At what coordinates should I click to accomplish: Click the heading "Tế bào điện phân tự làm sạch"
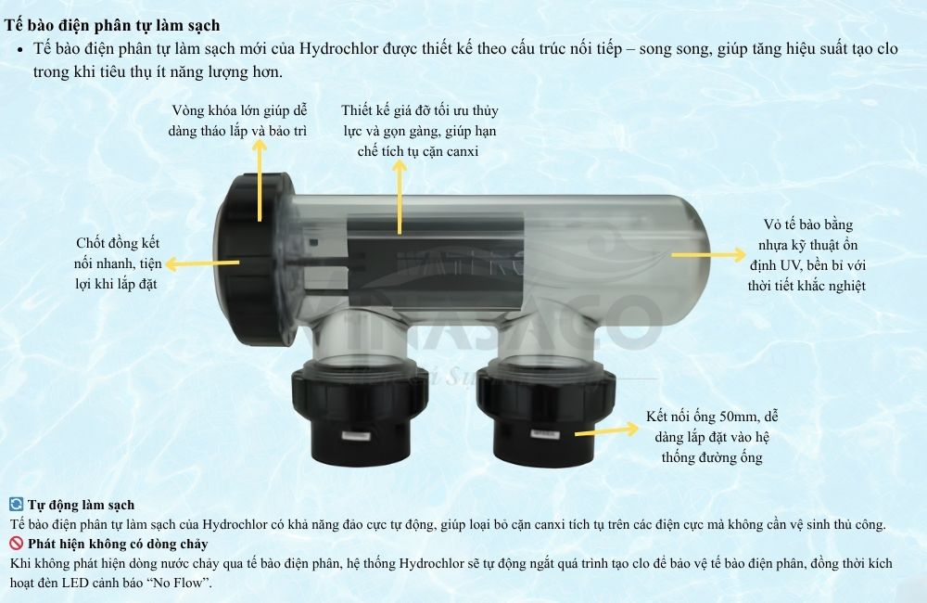(x=112, y=25)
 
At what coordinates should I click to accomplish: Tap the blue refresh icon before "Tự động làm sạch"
(x=16, y=505)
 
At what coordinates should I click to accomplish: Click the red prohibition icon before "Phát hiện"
(x=16, y=544)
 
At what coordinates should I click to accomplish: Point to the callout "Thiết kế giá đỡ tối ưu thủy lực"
(x=419, y=130)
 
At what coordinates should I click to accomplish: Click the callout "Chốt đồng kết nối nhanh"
(x=118, y=263)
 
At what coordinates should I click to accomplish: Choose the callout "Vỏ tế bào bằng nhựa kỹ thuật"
(x=806, y=255)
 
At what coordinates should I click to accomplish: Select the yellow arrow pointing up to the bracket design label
(x=400, y=195)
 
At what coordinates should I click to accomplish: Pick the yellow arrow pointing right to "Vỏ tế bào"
(x=708, y=252)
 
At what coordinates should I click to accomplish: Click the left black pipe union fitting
(x=361, y=408)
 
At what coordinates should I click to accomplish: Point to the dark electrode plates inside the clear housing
(x=436, y=250)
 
